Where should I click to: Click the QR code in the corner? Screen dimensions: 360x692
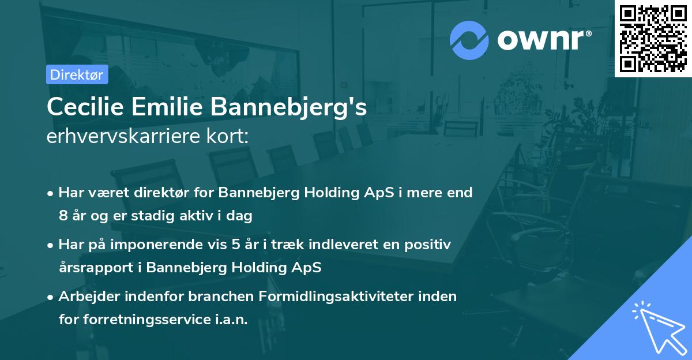coord(653,39)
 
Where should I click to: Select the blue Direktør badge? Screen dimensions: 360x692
coord(77,74)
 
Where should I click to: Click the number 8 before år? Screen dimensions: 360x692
coord(62,216)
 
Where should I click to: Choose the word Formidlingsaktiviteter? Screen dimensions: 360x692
coord(348,297)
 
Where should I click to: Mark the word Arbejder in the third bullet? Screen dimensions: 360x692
coord(84,297)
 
